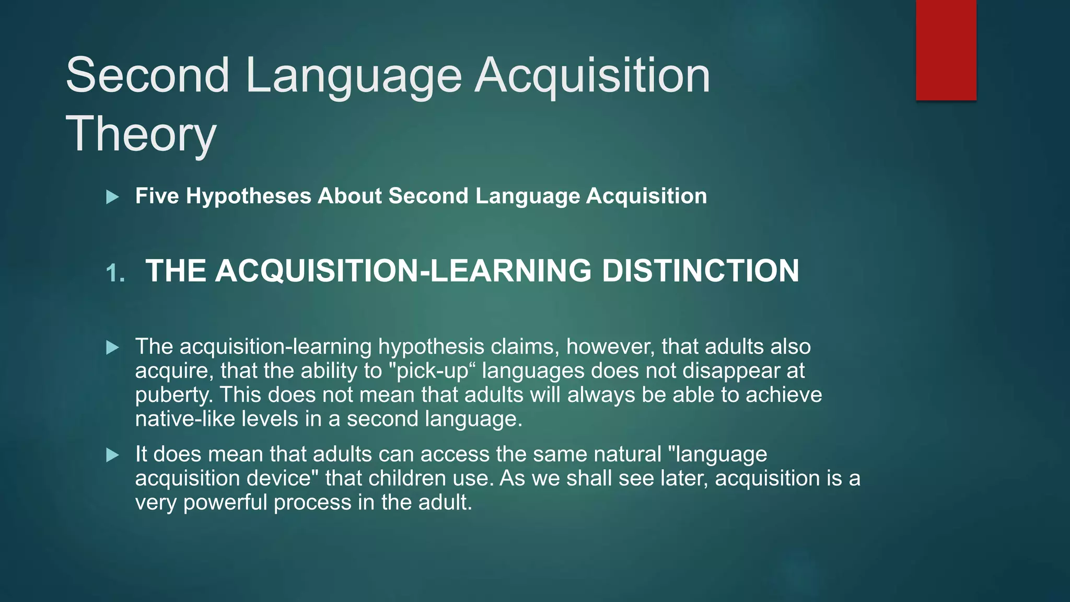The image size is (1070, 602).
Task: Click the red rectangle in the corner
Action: pos(946,50)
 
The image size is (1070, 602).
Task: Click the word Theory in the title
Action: pos(141,134)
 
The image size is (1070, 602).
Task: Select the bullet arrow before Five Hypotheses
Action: pos(112,197)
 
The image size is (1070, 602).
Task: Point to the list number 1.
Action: pos(115,273)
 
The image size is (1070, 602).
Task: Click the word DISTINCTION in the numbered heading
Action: pos(700,271)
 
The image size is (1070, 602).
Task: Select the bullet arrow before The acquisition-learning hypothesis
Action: pos(112,348)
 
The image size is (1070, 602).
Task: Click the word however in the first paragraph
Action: pos(609,346)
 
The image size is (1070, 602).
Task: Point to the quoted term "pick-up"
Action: pos(433,371)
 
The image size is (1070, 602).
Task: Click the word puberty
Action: pos(173,395)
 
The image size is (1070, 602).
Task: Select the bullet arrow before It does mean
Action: pos(112,455)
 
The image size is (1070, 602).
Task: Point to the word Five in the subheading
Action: pos(157,196)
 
